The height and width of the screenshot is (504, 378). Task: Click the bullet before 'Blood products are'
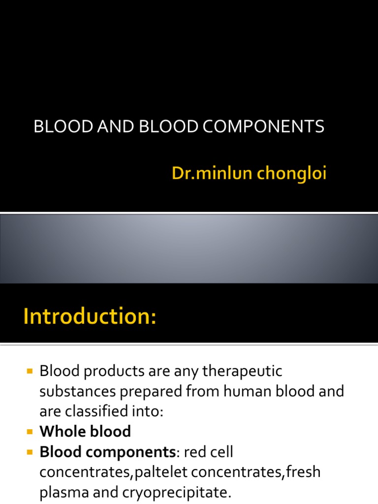[30, 370]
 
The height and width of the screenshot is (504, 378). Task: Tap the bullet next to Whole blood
[30, 432]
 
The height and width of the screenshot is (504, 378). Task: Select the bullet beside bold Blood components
[30, 452]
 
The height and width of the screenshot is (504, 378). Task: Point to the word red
[194, 452]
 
